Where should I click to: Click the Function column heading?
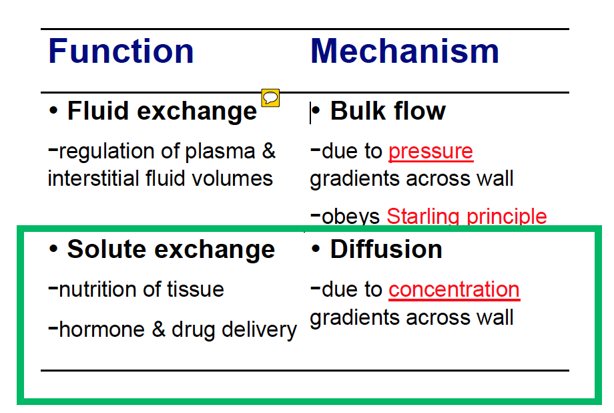121,51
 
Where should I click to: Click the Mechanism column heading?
404,51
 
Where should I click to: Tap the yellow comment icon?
270,98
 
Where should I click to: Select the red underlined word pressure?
430,152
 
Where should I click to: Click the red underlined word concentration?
454,290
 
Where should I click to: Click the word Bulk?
358,111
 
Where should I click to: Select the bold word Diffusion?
386,249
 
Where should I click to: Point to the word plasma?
220,152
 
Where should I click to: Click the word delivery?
259,330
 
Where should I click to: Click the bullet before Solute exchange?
53,249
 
